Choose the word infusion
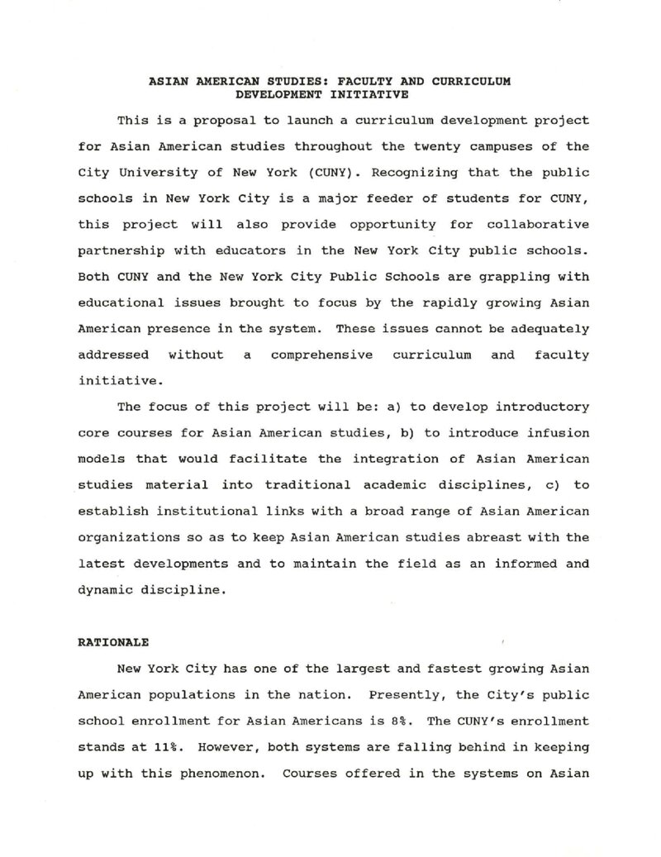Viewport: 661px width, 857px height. tap(559, 433)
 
